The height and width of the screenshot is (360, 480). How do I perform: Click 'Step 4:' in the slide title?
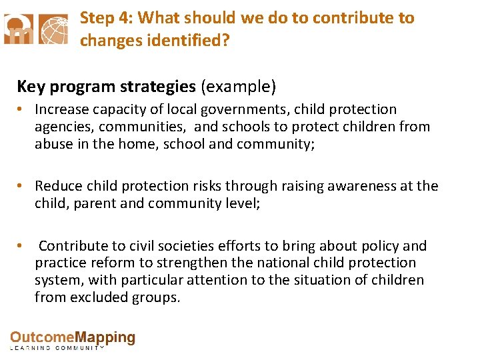coord(105,18)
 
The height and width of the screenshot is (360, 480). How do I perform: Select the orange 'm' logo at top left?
coord(17,29)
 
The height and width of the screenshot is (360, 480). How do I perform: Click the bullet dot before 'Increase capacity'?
coord(22,109)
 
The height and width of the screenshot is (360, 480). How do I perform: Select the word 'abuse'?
coord(53,144)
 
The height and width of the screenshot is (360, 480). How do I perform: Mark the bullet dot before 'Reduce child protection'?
coord(22,187)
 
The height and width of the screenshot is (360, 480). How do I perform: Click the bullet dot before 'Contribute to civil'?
coord(22,247)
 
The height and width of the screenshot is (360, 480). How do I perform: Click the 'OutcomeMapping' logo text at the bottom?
coord(72,339)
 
